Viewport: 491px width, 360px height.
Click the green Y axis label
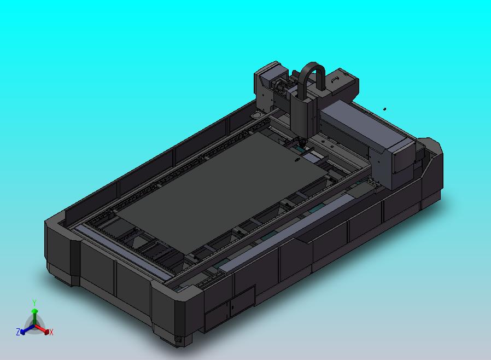[34, 303]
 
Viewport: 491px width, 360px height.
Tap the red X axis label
[51, 332]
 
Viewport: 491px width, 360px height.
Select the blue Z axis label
[18, 332]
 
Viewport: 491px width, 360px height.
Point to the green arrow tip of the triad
[34, 311]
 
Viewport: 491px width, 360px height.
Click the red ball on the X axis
[46, 332]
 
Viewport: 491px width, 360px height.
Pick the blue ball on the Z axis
[22, 332]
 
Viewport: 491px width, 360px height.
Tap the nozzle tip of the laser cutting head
[302, 143]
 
